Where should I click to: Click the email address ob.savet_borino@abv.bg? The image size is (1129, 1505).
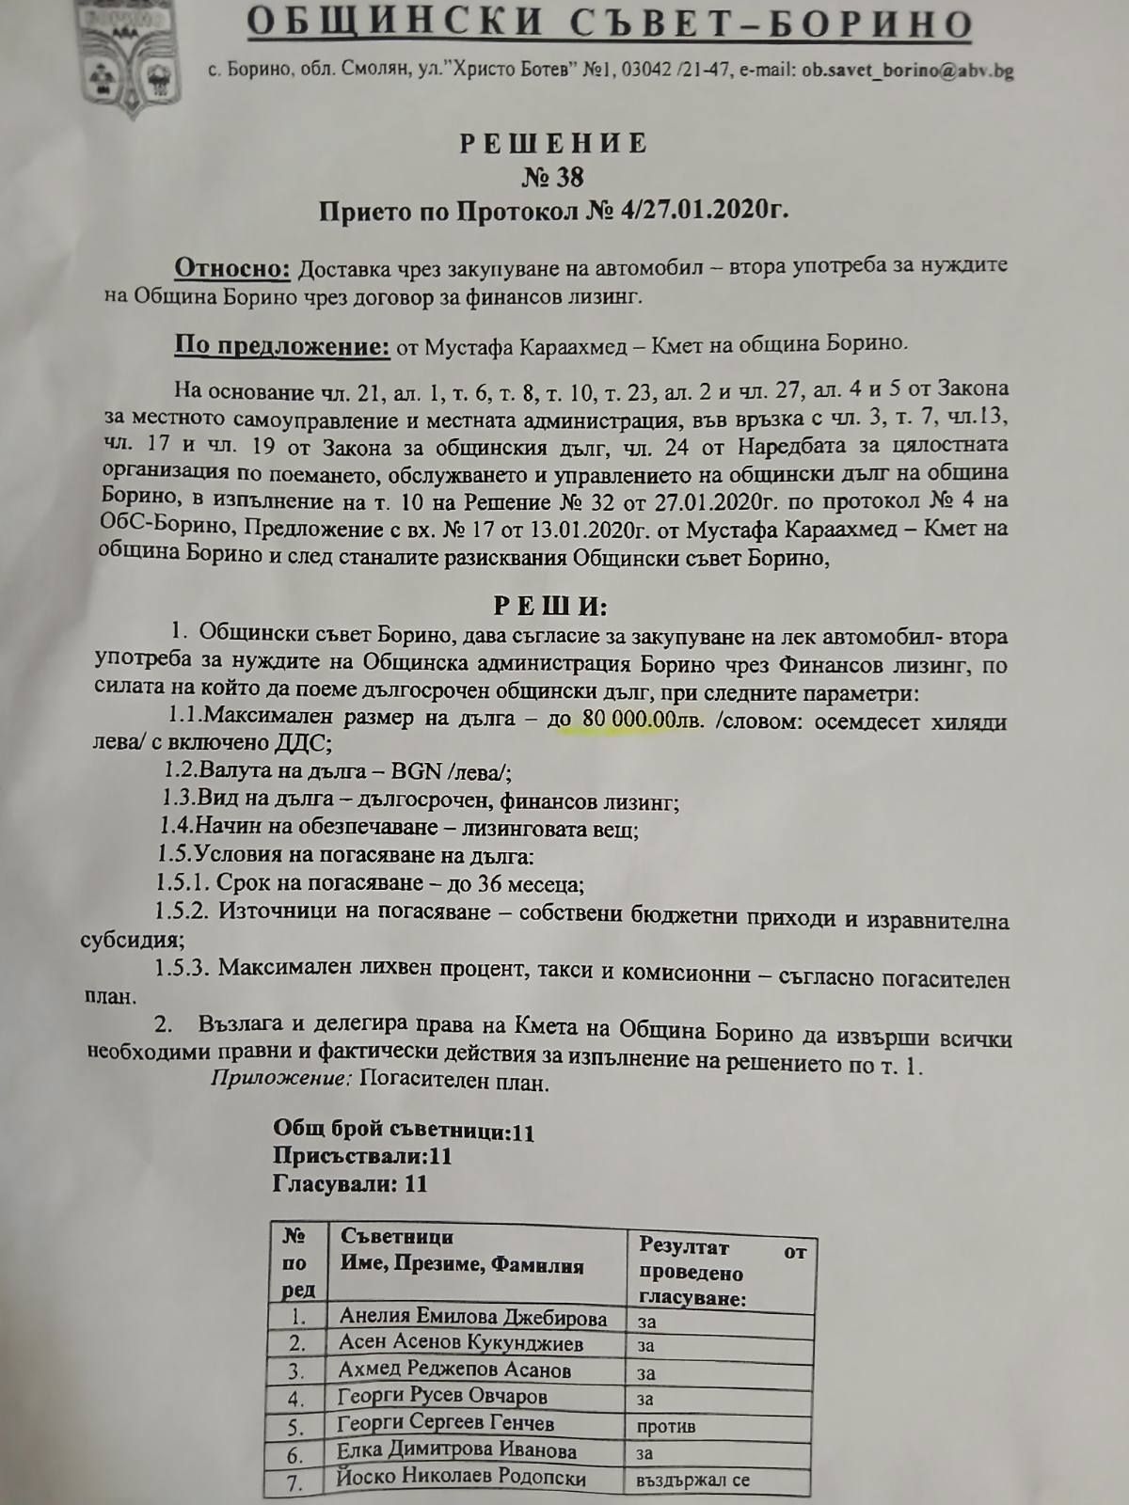click(x=907, y=70)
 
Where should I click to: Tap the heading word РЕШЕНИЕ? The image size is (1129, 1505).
click(x=553, y=143)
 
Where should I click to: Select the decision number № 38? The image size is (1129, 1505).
click(x=552, y=177)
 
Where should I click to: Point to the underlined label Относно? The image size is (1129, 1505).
click(x=232, y=268)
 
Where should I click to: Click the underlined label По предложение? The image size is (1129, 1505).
click(x=281, y=345)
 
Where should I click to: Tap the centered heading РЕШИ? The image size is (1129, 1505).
click(x=551, y=605)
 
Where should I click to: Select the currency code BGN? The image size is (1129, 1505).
click(x=416, y=772)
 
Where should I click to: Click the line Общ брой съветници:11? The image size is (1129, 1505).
click(x=404, y=1130)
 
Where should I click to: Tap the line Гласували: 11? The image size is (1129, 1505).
click(x=350, y=1183)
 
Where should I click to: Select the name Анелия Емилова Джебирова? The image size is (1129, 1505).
click(x=472, y=1317)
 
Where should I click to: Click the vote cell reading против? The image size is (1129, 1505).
click(x=666, y=1426)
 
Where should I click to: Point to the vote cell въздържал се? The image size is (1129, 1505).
click(x=692, y=1480)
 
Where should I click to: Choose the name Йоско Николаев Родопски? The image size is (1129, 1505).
click(x=461, y=1478)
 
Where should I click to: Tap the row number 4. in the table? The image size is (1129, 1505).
click(x=296, y=1399)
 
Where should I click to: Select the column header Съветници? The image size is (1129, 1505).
click(x=396, y=1236)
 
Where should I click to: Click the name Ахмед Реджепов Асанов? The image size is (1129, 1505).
click(x=454, y=1370)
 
